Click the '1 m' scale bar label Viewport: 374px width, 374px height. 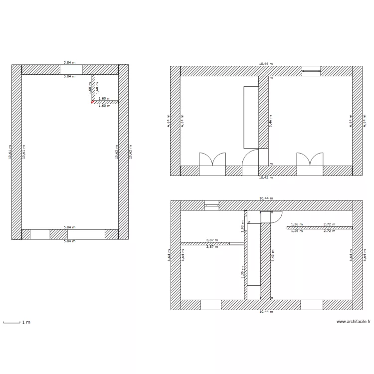pos(26,322)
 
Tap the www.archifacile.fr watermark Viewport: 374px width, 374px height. pos(353,322)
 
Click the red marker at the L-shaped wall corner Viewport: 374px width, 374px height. pos(92,102)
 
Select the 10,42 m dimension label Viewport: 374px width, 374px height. pos(266,177)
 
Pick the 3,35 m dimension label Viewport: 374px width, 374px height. pos(243,273)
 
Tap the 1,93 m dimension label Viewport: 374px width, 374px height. pos(243,227)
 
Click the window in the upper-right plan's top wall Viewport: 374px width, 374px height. pos(311,71)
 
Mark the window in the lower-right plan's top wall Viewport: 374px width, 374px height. pos(212,205)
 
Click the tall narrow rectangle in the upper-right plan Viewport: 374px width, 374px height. pos(251,117)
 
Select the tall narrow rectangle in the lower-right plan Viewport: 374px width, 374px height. pos(254,254)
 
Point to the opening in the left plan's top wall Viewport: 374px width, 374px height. pos(71,69)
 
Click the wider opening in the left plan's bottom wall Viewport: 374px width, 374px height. pos(86,234)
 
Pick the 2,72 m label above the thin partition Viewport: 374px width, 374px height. pos(329,224)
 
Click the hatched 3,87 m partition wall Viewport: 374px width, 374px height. pos(205,243)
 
